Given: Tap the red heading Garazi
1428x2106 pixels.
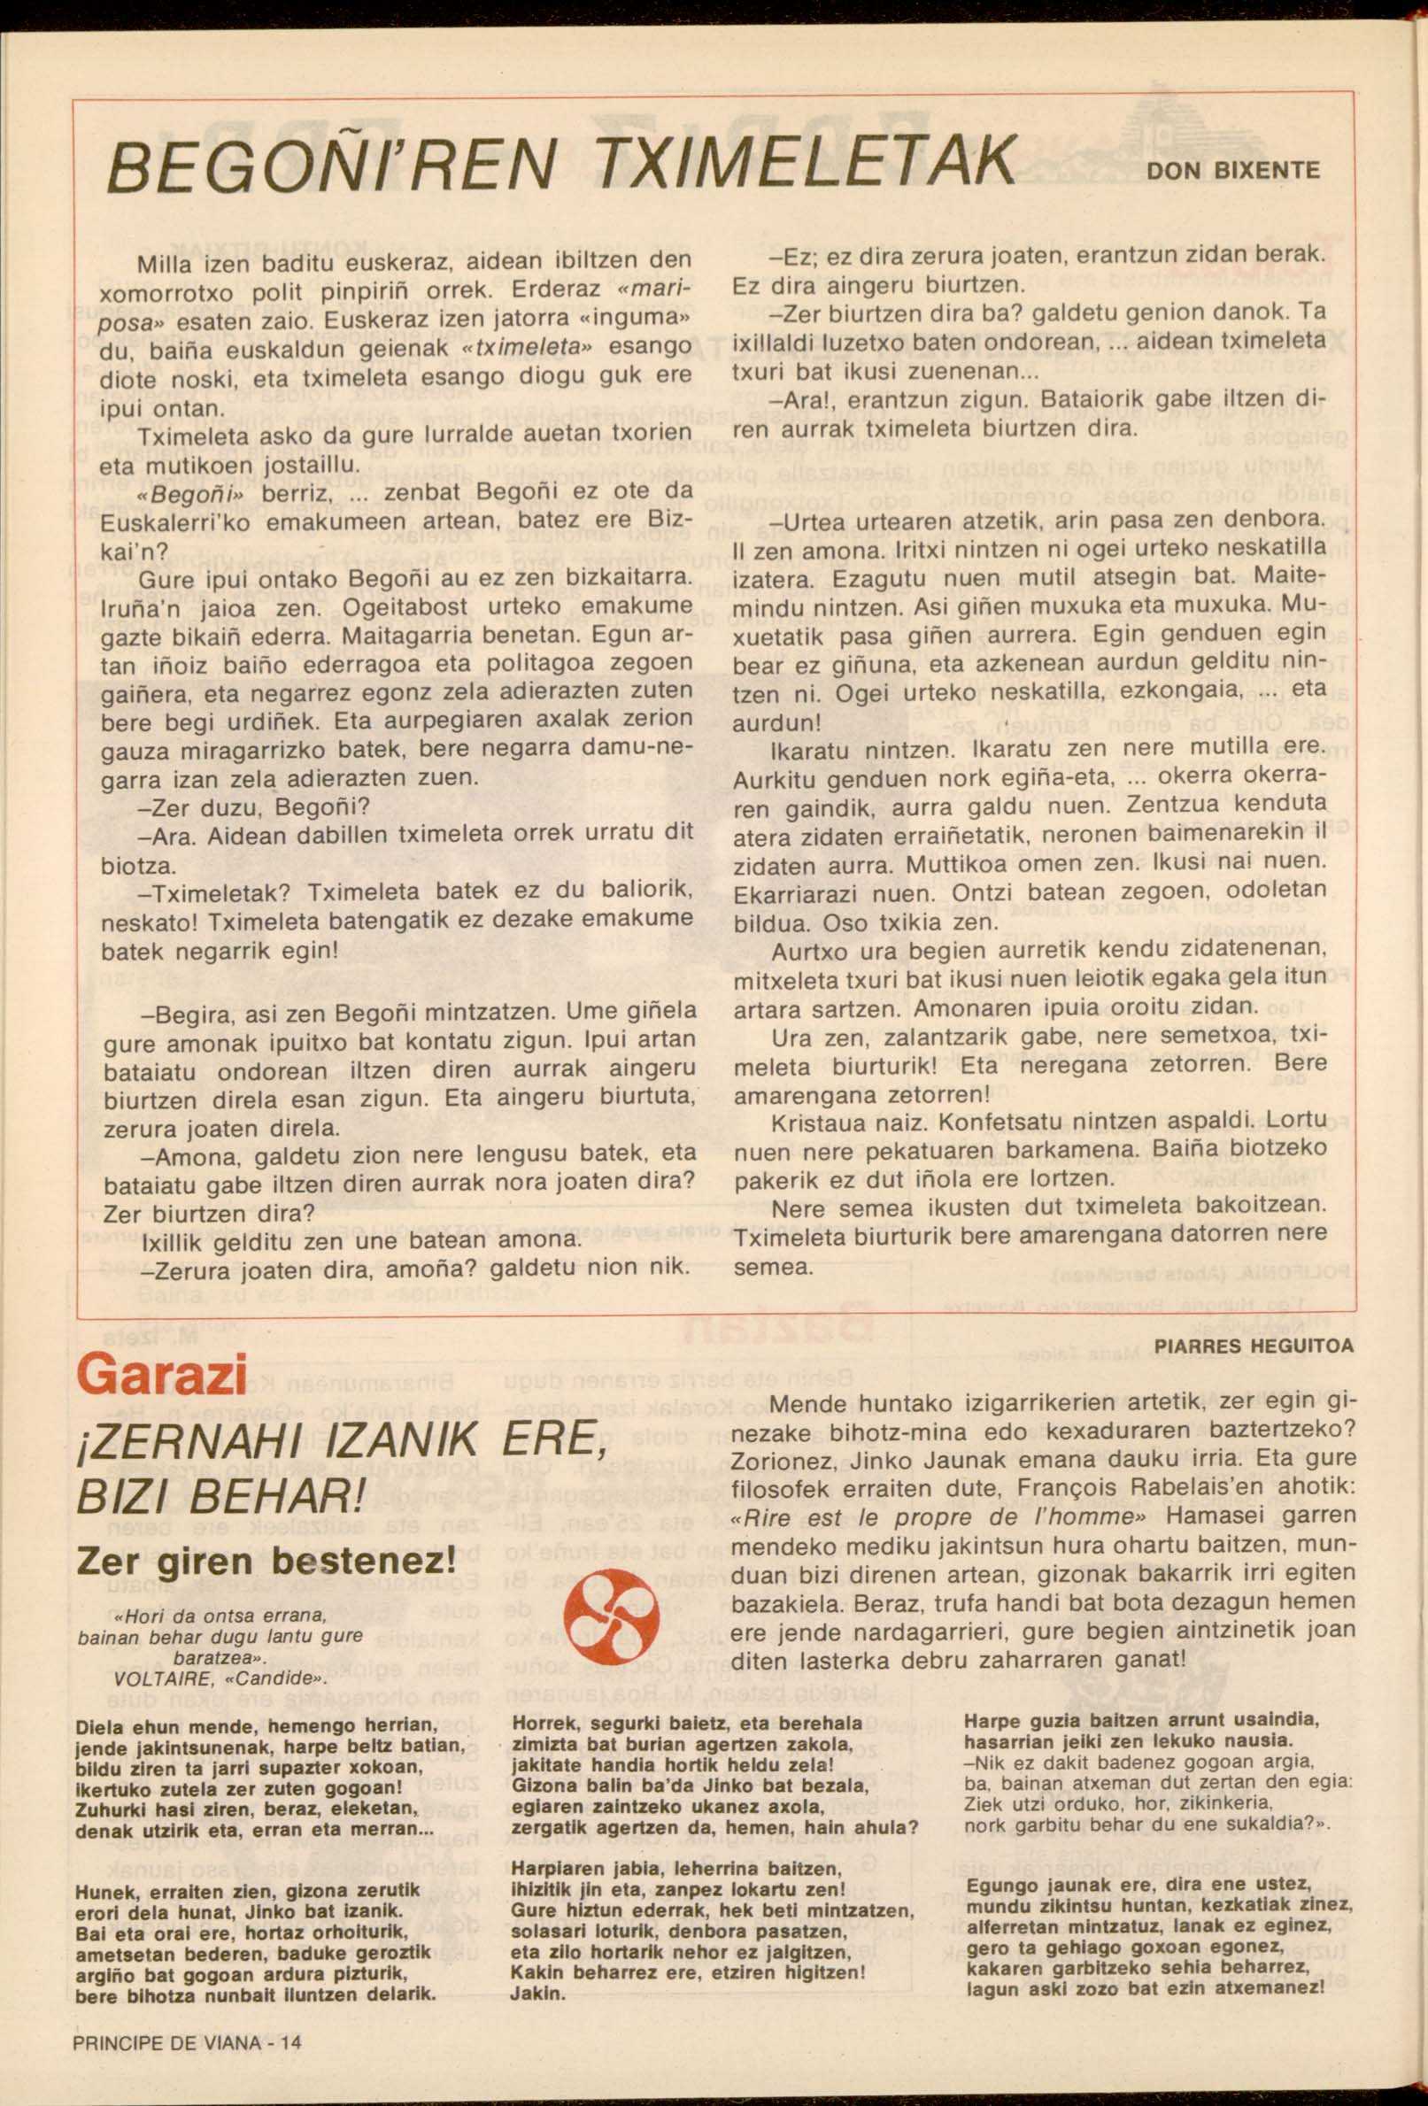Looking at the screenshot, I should [x=162, y=1376].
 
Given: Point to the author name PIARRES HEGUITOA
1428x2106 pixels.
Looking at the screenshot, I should [x=1254, y=1346].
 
